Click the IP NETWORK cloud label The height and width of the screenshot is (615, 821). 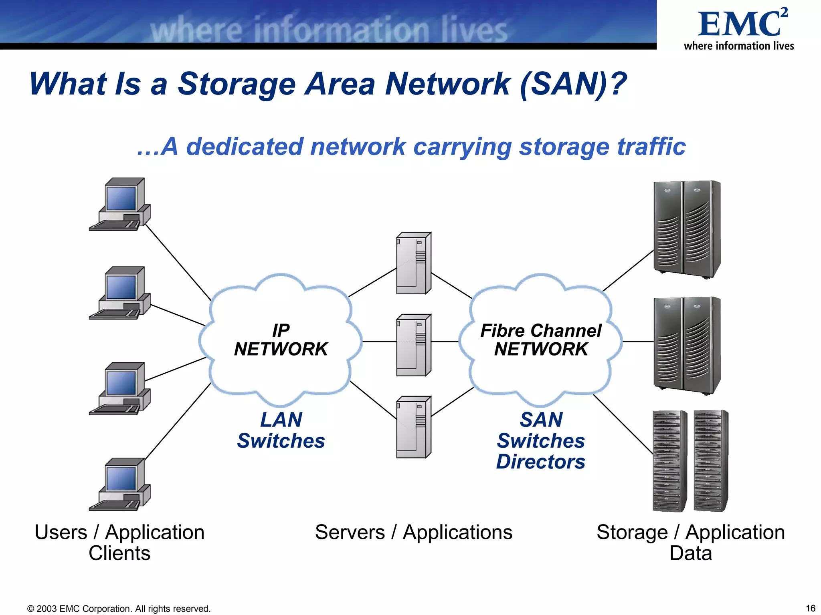pyautogui.click(x=281, y=340)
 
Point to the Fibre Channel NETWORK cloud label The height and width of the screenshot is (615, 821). pyautogui.click(x=541, y=340)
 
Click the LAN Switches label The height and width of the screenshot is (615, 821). pyautogui.click(x=281, y=430)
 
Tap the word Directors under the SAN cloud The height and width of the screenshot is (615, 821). pyautogui.click(x=541, y=462)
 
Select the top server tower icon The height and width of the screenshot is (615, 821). pyautogui.click(x=414, y=263)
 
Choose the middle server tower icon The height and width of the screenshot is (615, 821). pyautogui.click(x=414, y=345)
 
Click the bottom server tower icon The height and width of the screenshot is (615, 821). pyautogui.click(x=414, y=427)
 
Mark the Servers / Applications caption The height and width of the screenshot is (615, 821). pyautogui.click(x=413, y=533)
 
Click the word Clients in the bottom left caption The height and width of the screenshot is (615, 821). pyautogui.click(x=119, y=553)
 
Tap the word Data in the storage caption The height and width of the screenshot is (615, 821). pyautogui.click(x=690, y=553)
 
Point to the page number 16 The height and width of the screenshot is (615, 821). pyautogui.click(x=810, y=608)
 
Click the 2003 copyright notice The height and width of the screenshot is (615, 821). pyautogui.click(x=119, y=609)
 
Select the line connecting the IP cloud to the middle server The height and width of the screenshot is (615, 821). pyautogui.click(x=379, y=342)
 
